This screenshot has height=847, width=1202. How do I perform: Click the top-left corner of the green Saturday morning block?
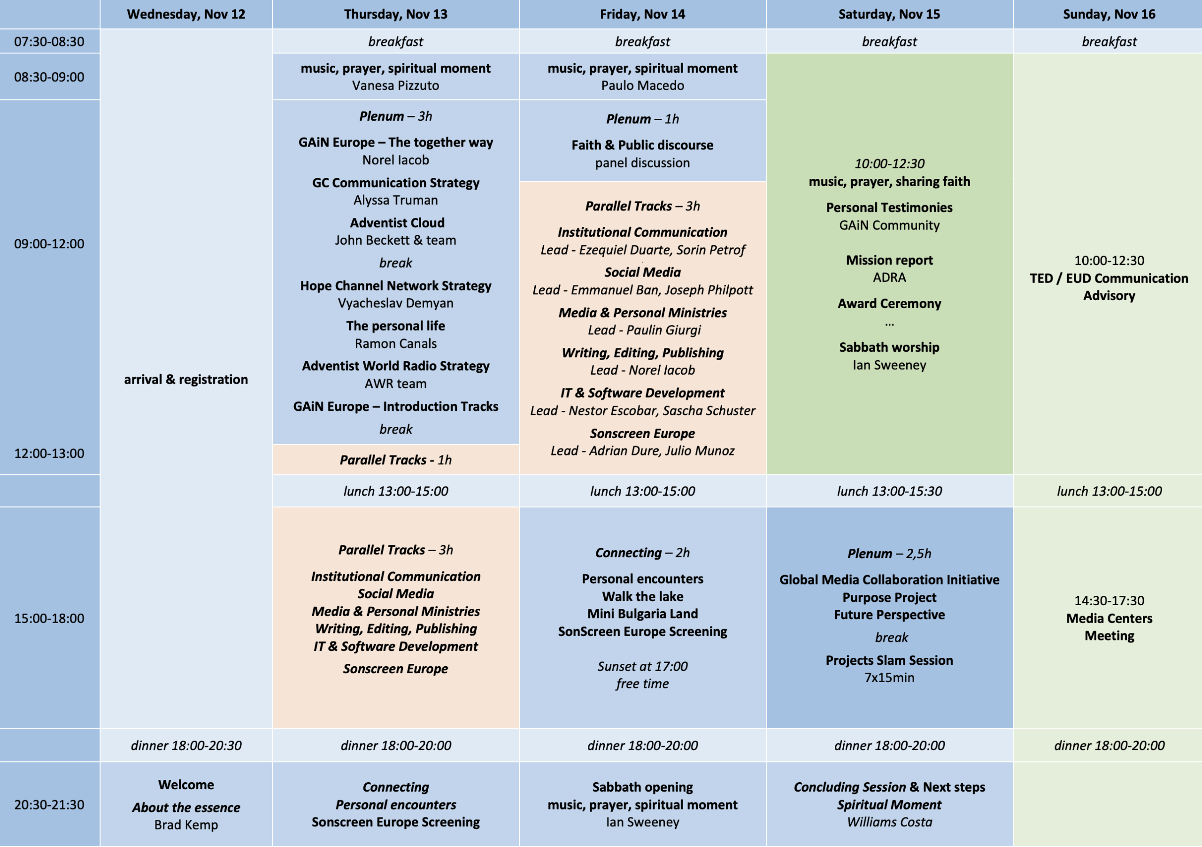[767, 54]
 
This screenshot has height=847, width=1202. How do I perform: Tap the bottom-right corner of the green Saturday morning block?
[1013, 474]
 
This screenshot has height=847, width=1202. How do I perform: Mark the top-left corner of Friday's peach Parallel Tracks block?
[520, 182]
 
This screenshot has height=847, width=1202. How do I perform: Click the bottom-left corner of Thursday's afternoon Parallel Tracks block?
[273, 727]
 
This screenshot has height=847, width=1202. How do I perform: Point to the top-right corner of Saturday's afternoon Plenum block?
[1013, 507]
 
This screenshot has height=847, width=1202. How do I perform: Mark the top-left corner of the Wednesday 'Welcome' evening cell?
[100, 762]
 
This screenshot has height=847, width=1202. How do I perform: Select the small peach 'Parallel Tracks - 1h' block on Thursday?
[396, 460]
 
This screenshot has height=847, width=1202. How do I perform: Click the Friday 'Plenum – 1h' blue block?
[643, 140]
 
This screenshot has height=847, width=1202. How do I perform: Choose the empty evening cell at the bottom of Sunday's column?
[1108, 804]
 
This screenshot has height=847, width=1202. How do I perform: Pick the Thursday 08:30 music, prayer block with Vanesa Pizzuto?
[396, 77]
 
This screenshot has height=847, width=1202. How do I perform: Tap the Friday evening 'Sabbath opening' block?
[643, 804]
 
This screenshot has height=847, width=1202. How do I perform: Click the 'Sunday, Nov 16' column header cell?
[1108, 14]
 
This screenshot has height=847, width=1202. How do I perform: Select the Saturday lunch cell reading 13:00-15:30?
[890, 491]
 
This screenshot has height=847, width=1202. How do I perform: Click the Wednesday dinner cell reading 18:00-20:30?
[186, 745]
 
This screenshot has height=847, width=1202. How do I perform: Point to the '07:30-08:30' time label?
[49, 41]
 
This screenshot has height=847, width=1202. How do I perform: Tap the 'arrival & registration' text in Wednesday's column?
[186, 379]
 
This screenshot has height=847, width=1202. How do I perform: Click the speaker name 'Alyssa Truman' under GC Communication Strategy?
[396, 200]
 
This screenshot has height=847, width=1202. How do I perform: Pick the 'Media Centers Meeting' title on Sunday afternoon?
[1110, 627]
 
